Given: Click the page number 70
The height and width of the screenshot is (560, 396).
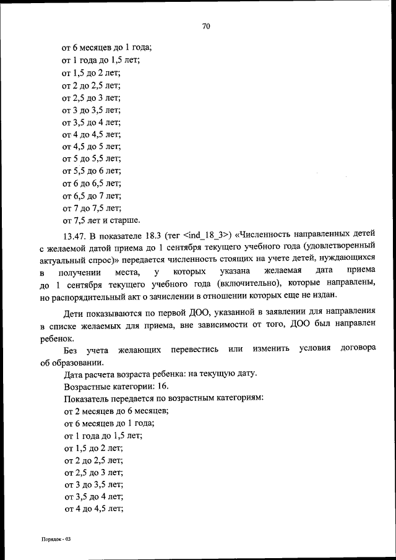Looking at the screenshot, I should point(207,26).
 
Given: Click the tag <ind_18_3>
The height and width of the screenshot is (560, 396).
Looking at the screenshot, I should point(207,236).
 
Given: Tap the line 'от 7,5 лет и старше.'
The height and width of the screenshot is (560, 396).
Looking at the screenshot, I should point(101,220).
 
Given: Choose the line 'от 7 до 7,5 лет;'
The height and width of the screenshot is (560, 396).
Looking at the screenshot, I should point(92,208).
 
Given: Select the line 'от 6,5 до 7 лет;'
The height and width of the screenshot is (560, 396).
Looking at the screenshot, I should point(92,196).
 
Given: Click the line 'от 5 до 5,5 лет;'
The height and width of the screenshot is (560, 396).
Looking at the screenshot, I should point(92,159).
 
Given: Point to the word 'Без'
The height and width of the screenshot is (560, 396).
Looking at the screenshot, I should point(71,351).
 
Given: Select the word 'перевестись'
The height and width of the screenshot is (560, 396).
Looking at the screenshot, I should point(192,351).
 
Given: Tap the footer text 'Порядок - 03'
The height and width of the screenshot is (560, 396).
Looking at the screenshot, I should point(53,540).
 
